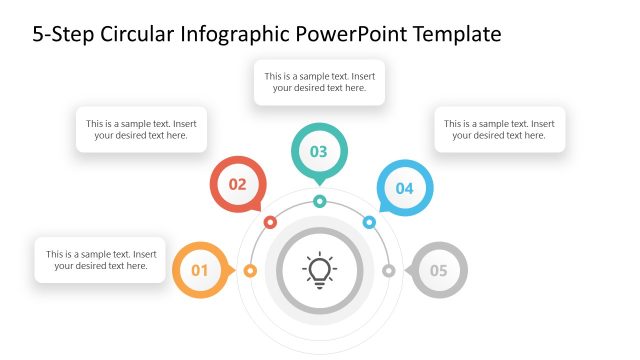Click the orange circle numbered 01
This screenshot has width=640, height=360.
tap(199, 270)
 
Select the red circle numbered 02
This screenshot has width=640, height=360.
tap(237, 184)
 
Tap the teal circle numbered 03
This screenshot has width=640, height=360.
tap(319, 152)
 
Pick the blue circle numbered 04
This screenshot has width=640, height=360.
tap(404, 187)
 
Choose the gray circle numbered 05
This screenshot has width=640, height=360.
tap(439, 270)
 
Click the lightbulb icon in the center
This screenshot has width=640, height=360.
tap(319, 269)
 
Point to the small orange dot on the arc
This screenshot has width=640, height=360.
tap(250, 270)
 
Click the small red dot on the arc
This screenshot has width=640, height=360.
tap(270, 222)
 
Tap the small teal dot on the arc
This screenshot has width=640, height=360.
tap(319, 201)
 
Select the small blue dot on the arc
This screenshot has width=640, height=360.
tap(369, 222)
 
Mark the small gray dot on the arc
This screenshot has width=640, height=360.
tap(389, 270)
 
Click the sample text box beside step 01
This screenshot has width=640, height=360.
tap(100, 260)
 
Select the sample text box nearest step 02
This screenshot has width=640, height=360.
tap(141, 130)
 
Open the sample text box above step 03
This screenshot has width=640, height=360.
tap(319, 82)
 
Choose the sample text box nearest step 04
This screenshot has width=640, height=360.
tap(500, 130)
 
